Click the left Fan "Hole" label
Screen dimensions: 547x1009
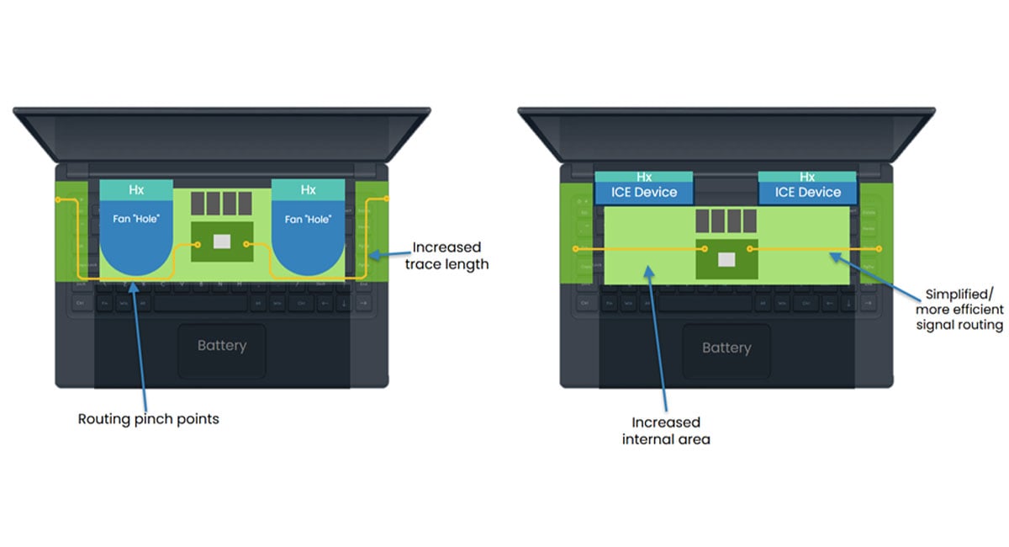pos(136,220)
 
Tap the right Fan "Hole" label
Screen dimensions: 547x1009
pos(308,220)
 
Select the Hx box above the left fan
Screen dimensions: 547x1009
pos(136,190)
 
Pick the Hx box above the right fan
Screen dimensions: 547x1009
pos(308,190)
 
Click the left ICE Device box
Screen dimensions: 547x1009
pos(644,193)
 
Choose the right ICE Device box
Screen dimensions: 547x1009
pos(807,193)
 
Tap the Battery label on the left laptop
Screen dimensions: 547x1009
pos(222,346)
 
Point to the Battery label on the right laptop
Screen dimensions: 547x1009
pos(726,348)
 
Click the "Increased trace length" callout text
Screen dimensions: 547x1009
pos(446,256)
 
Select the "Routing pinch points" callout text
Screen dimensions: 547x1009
pos(148,418)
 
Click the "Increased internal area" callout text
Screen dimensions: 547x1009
pos(666,430)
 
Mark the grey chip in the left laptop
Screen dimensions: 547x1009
pos(222,242)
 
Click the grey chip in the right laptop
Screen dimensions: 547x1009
pos(726,258)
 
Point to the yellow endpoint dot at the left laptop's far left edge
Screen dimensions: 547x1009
pos(57,199)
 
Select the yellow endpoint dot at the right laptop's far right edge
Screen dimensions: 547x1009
pos(880,249)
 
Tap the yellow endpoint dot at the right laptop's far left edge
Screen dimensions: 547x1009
pos(574,249)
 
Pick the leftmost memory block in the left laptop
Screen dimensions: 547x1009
pos(198,203)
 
